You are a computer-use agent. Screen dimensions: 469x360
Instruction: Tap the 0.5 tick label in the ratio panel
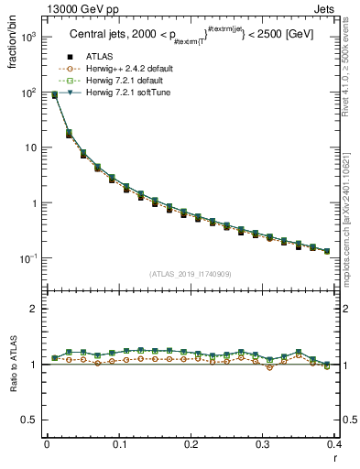click(31, 420)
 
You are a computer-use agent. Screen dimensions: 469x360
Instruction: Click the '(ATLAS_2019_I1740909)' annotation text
click(190, 274)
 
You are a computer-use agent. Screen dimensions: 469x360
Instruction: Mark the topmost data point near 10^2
click(54, 94)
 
